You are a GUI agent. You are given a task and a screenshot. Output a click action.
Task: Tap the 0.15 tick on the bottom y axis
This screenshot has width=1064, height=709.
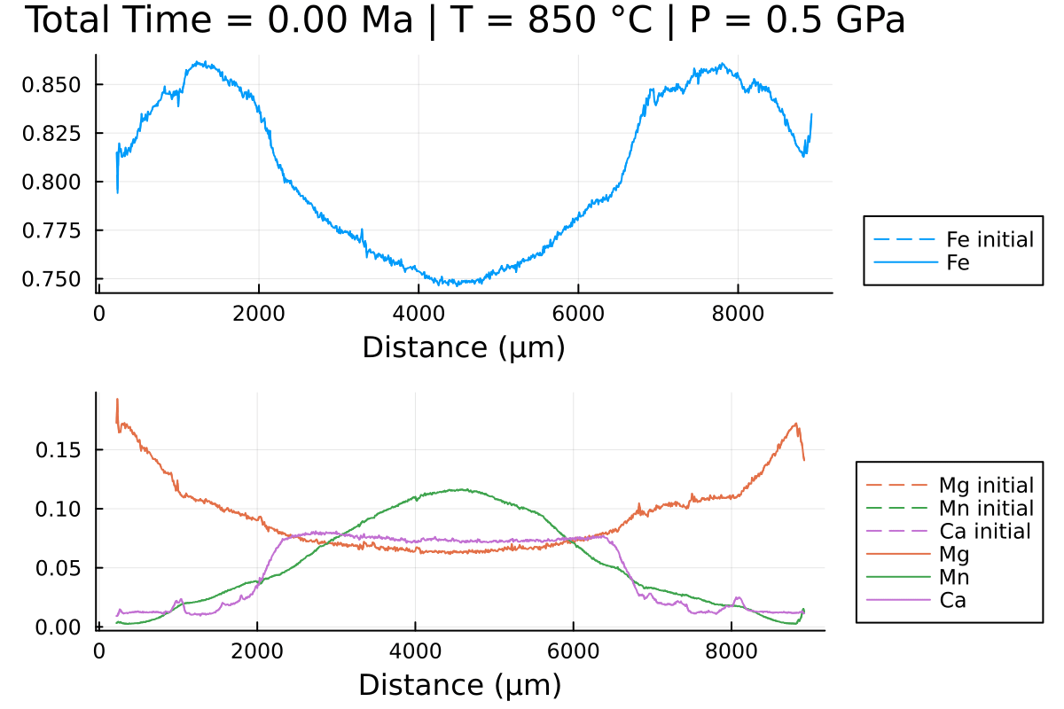point(59,450)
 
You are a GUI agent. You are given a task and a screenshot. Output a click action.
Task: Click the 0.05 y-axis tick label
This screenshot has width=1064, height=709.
point(59,568)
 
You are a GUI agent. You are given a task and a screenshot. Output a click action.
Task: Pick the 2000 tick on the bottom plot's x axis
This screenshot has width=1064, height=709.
point(257,651)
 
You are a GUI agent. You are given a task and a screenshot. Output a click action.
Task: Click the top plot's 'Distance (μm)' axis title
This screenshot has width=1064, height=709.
point(463,347)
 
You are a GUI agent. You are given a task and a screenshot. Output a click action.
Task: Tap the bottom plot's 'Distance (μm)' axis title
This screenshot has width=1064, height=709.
point(459,685)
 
